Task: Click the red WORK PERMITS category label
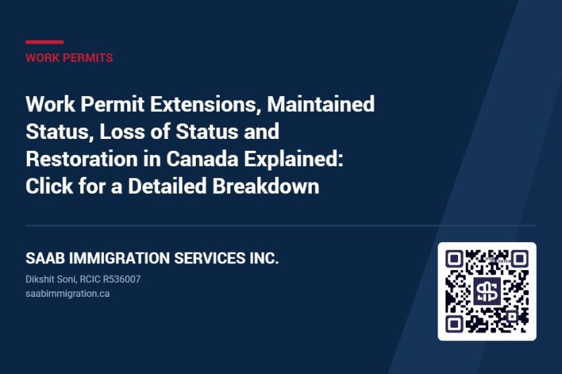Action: click(x=69, y=58)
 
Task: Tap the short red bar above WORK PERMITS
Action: click(x=44, y=42)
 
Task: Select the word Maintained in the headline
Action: click(x=321, y=104)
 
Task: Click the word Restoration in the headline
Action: click(x=81, y=159)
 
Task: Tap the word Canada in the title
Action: click(x=202, y=159)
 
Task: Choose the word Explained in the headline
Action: click(x=294, y=159)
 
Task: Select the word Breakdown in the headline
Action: click(x=266, y=186)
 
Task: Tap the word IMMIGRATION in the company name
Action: click(x=119, y=258)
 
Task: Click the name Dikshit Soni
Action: click(x=51, y=279)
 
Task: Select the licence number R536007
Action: click(x=122, y=279)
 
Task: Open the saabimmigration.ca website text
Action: click(x=67, y=294)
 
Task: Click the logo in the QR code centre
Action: click(x=487, y=291)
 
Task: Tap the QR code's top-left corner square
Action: click(x=454, y=259)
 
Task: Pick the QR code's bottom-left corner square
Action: click(x=454, y=324)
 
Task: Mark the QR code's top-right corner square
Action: click(x=520, y=259)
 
